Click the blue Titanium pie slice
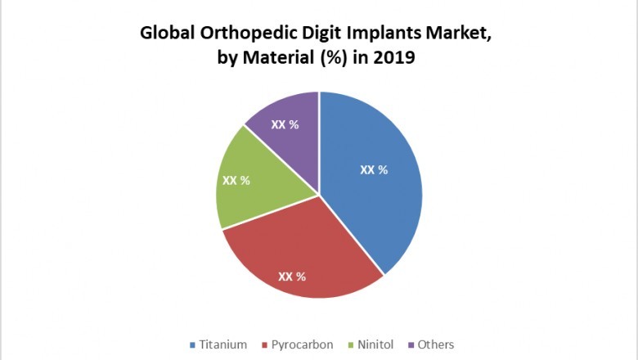coord(376,205)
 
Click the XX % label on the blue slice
coord(374,170)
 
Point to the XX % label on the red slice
coord(292,277)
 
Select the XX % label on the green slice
coord(236,180)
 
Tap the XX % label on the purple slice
coord(285,125)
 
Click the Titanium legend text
coord(222,344)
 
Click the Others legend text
coord(435,344)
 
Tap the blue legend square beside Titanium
coord(192,344)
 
